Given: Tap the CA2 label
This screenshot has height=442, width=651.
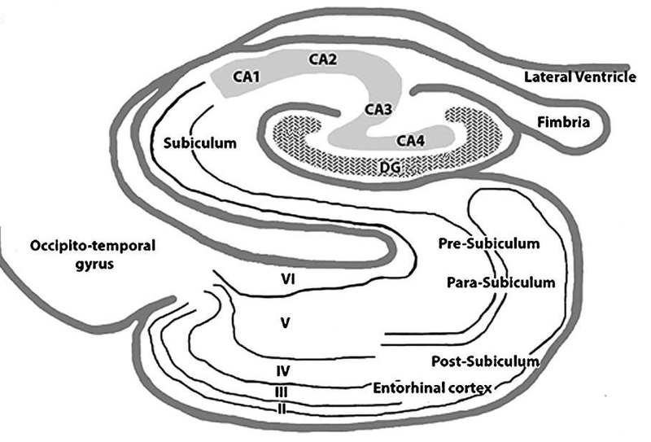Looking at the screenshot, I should point(324,59).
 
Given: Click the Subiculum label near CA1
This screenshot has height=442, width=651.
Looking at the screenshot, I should point(199,143).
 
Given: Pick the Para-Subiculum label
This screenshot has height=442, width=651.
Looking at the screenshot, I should point(501,282).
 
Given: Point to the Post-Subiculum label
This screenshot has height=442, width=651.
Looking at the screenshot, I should point(487,360).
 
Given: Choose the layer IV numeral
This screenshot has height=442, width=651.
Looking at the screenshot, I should point(284,371).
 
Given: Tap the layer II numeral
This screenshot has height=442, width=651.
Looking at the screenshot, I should point(281,408).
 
